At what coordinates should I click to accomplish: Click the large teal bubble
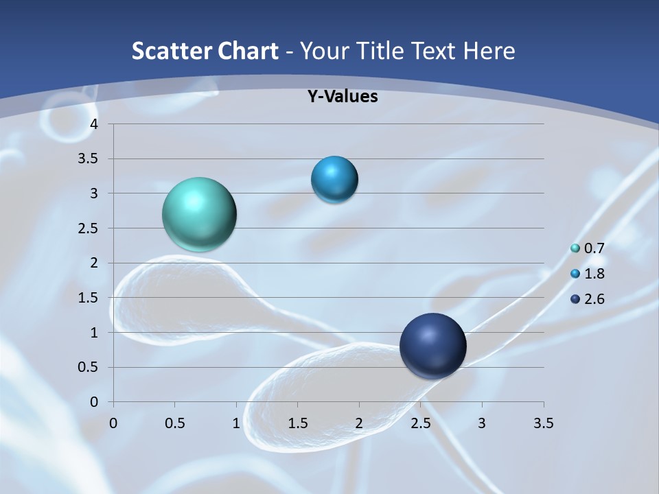(x=199, y=214)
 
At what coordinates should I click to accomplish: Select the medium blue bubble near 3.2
(x=334, y=180)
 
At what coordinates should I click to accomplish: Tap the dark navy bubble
(x=432, y=346)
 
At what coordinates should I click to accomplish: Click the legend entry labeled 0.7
(x=588, y=248)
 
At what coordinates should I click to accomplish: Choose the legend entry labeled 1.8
(x=588, y=274)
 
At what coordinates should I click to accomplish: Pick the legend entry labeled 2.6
(x=588, y=299)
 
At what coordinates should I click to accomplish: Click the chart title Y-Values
(x=343, y=97)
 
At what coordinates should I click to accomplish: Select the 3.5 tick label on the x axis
(x=543, y=423)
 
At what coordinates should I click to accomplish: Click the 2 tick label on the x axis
(x=359, y=423)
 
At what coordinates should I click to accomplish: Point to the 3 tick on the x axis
(x=482, y=423)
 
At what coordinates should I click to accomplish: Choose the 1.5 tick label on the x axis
(x=297, y=423)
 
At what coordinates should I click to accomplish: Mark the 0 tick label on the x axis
(x=113, y=423)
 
